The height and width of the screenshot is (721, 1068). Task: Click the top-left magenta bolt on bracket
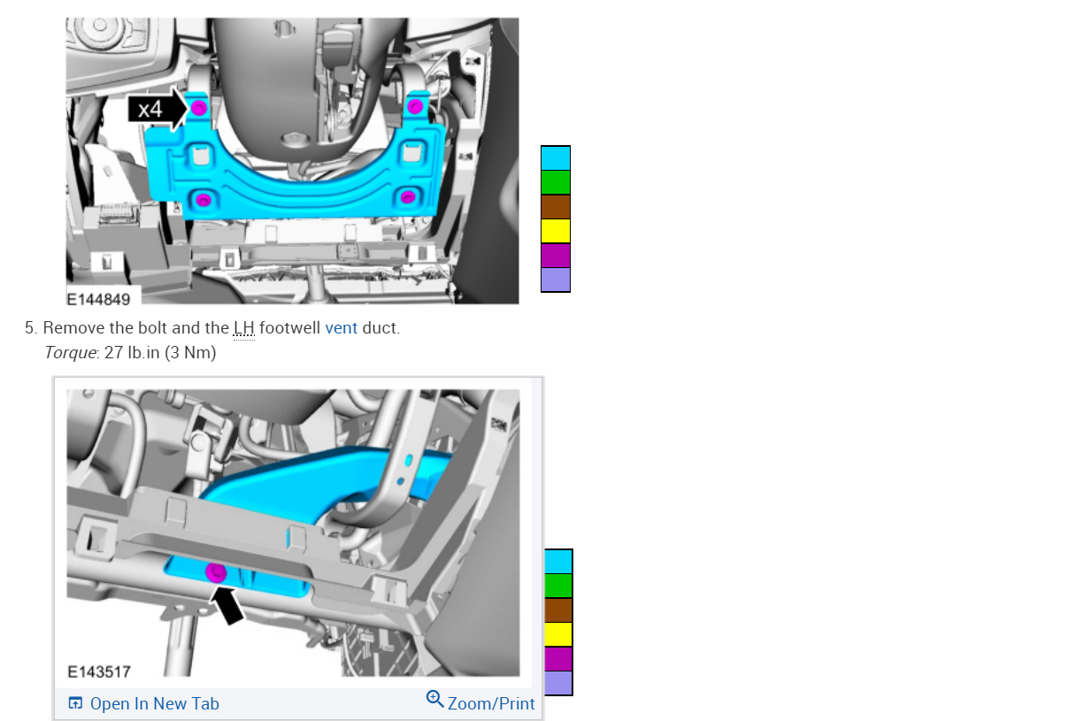(198, 108)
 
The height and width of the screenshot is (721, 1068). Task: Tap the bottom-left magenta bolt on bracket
(204, 199)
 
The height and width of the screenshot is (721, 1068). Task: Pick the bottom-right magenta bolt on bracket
(407, 196)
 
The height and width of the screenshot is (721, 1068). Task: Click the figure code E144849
(98, 299)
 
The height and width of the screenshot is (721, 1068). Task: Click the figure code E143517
(99, 671)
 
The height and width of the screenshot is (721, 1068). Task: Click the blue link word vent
(341, 328)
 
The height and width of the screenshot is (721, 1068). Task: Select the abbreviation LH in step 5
(243, 328)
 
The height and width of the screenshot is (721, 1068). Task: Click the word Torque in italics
(71, 353)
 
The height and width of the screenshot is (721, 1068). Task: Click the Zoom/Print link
(491, 704)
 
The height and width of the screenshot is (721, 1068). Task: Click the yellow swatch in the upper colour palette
(556, 231)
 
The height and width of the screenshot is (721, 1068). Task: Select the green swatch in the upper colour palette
(556, 182)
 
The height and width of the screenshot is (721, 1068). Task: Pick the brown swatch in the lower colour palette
(558, 610)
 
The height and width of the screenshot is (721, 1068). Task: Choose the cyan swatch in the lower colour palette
(558, 562)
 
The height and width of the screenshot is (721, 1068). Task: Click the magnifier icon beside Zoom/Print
(434, 699)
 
